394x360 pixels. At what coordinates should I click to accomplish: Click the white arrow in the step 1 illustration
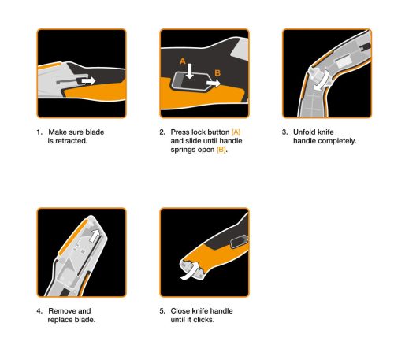[87, 80]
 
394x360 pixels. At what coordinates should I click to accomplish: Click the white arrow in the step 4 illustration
[95, 234]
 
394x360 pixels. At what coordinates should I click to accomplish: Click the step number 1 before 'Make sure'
[38, 132]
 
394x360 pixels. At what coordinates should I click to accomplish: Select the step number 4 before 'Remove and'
[38, 311]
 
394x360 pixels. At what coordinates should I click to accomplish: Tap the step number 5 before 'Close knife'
[162, 311]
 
